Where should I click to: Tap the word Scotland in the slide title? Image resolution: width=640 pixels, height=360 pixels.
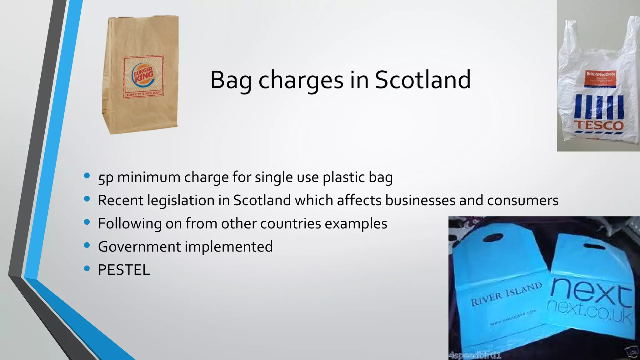click(422, 80)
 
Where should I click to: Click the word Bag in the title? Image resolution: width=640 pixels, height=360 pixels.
click(231, 80)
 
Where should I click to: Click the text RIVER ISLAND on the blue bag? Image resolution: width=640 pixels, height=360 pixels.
click(506, 294)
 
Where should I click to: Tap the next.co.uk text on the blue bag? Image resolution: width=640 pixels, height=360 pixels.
click(589, 311)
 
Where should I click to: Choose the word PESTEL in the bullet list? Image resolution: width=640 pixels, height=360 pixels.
click(124, 270)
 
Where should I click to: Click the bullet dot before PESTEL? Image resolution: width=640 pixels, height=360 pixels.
click(87, 268)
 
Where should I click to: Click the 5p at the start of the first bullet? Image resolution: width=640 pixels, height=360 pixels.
click(106, 177)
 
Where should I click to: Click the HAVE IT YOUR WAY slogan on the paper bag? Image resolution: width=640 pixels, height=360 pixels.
click(143, 93)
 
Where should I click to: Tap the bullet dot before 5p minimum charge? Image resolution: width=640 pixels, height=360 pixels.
click(87, 176)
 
